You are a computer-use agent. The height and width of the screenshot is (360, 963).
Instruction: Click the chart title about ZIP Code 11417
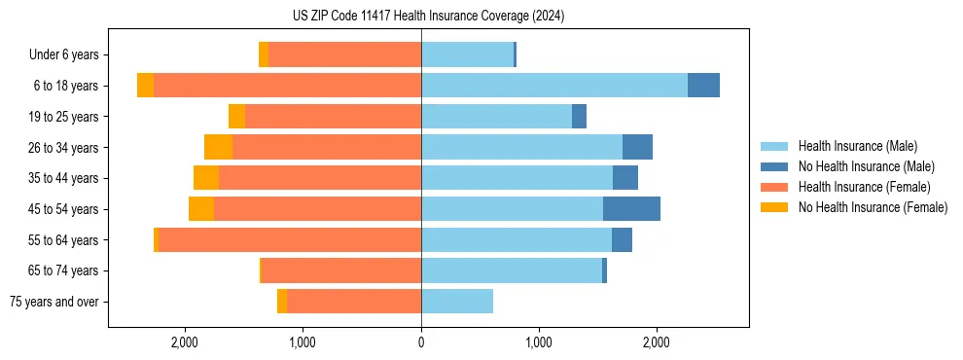tap(428, 16)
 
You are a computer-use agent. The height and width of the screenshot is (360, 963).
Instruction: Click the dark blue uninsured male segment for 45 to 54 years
tap(631, 209)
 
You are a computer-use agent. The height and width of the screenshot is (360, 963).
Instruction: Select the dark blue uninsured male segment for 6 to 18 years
tap(703, 86)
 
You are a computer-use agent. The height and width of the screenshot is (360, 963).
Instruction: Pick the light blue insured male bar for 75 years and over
tap(457, 302)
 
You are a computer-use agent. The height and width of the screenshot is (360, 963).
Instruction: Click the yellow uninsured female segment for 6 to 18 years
tap(145, 86)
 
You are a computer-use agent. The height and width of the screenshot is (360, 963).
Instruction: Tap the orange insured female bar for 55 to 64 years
tap(290, 240)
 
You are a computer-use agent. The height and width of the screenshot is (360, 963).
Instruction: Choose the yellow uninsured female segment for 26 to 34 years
tap(218, 147)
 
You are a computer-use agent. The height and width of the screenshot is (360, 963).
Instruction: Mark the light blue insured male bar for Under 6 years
tap(467, 54)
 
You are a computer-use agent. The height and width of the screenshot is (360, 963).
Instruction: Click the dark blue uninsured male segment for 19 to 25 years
tap(579, 117)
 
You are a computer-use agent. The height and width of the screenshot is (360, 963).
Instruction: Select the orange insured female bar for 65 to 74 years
tap(341, 270)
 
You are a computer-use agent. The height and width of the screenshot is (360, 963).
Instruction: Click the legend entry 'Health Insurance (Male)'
tap(857, 146)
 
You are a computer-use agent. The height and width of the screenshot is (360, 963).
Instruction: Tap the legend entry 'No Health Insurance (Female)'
tap(873, 206)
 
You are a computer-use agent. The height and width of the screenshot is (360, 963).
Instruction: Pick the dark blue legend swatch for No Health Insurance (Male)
tap(774, 166)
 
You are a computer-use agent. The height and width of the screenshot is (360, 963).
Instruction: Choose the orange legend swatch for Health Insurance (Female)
tap(774, 187)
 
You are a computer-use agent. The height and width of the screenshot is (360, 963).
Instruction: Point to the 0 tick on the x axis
tap(421, 342)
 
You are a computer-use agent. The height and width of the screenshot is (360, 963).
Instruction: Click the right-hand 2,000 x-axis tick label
tap(657, 342)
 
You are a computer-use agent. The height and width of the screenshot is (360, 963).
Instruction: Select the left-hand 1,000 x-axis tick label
tap(303, 342)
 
